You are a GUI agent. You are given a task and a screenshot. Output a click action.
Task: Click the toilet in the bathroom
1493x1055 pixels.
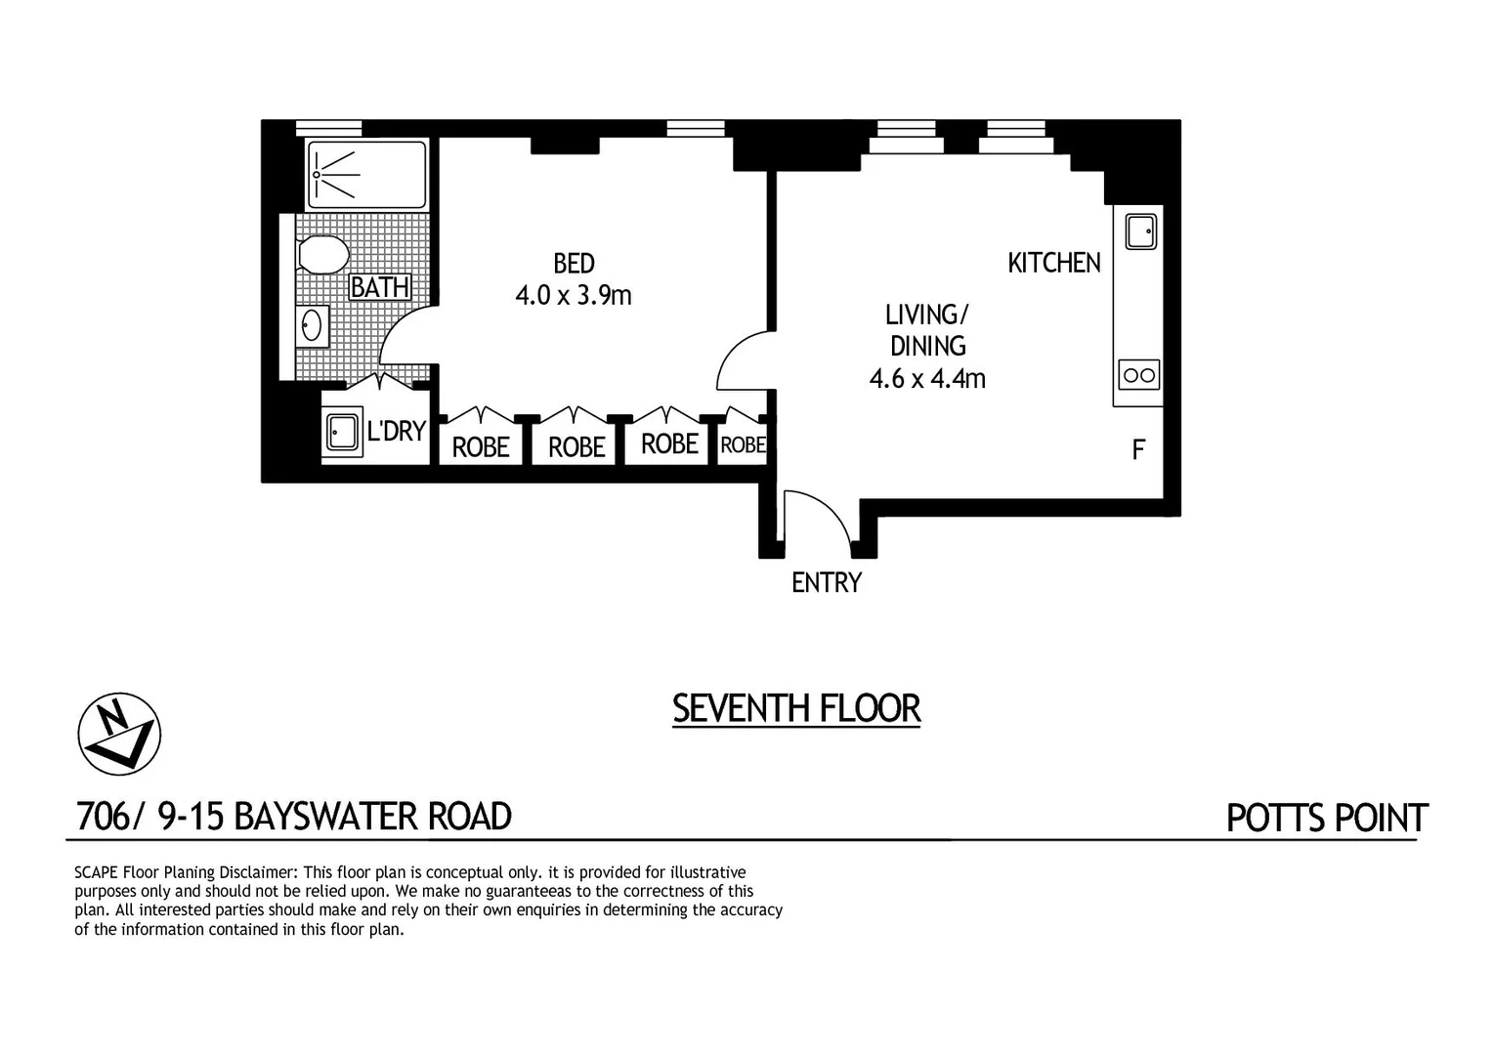[323, 256]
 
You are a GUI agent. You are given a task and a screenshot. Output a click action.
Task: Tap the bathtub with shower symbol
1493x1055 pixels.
[366, 175]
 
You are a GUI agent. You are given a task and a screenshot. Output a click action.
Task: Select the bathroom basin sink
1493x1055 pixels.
[313, 326]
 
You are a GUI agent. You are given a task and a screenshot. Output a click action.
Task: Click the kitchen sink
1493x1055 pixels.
[1140, 232]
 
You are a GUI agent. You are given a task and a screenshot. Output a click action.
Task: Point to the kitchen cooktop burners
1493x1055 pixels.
[1139, 375]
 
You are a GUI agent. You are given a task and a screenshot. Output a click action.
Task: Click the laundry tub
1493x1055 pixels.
[342, 431]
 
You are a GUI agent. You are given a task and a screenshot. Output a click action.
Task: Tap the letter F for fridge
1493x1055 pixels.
[1138, 450]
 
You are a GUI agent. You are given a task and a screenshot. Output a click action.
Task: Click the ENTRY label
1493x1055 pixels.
[827, 583]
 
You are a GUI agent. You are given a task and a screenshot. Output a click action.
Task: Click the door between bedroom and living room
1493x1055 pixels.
[743, 361]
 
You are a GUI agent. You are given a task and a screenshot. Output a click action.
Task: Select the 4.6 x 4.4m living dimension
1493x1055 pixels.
[927, 378]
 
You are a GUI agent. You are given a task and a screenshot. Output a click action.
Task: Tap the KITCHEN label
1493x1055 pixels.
[1054, 263]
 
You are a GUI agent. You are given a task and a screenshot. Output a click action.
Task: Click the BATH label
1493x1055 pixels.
[380, 287]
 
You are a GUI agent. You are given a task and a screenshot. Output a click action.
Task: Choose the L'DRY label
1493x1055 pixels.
[396, 431]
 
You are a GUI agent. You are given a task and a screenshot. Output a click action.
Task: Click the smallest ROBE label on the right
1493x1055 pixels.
[743, 445]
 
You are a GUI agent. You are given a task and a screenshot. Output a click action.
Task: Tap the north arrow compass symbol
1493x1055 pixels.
[119, 735]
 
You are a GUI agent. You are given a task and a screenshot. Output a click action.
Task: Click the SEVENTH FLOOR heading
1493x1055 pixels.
[796, 708]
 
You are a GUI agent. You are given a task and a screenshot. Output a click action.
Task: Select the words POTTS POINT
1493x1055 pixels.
[1327, 818]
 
